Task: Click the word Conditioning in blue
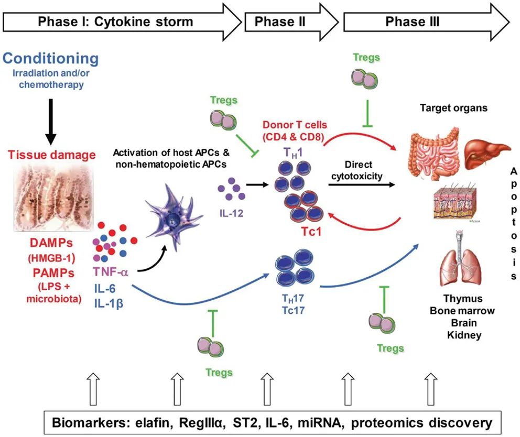pyautogui.click(x=50, y=58)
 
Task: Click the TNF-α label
pyautogui.click(x=111, y=271)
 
